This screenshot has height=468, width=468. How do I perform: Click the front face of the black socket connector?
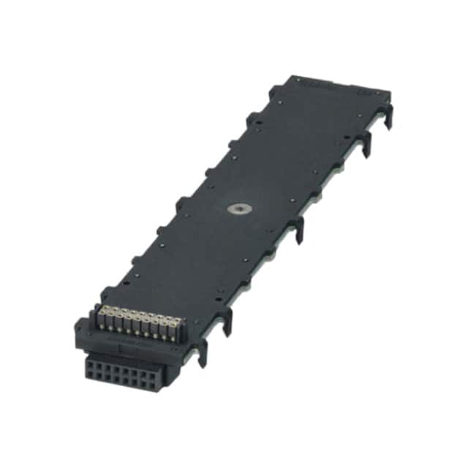(121, 372)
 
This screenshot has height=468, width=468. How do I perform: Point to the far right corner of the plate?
(390, 94)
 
